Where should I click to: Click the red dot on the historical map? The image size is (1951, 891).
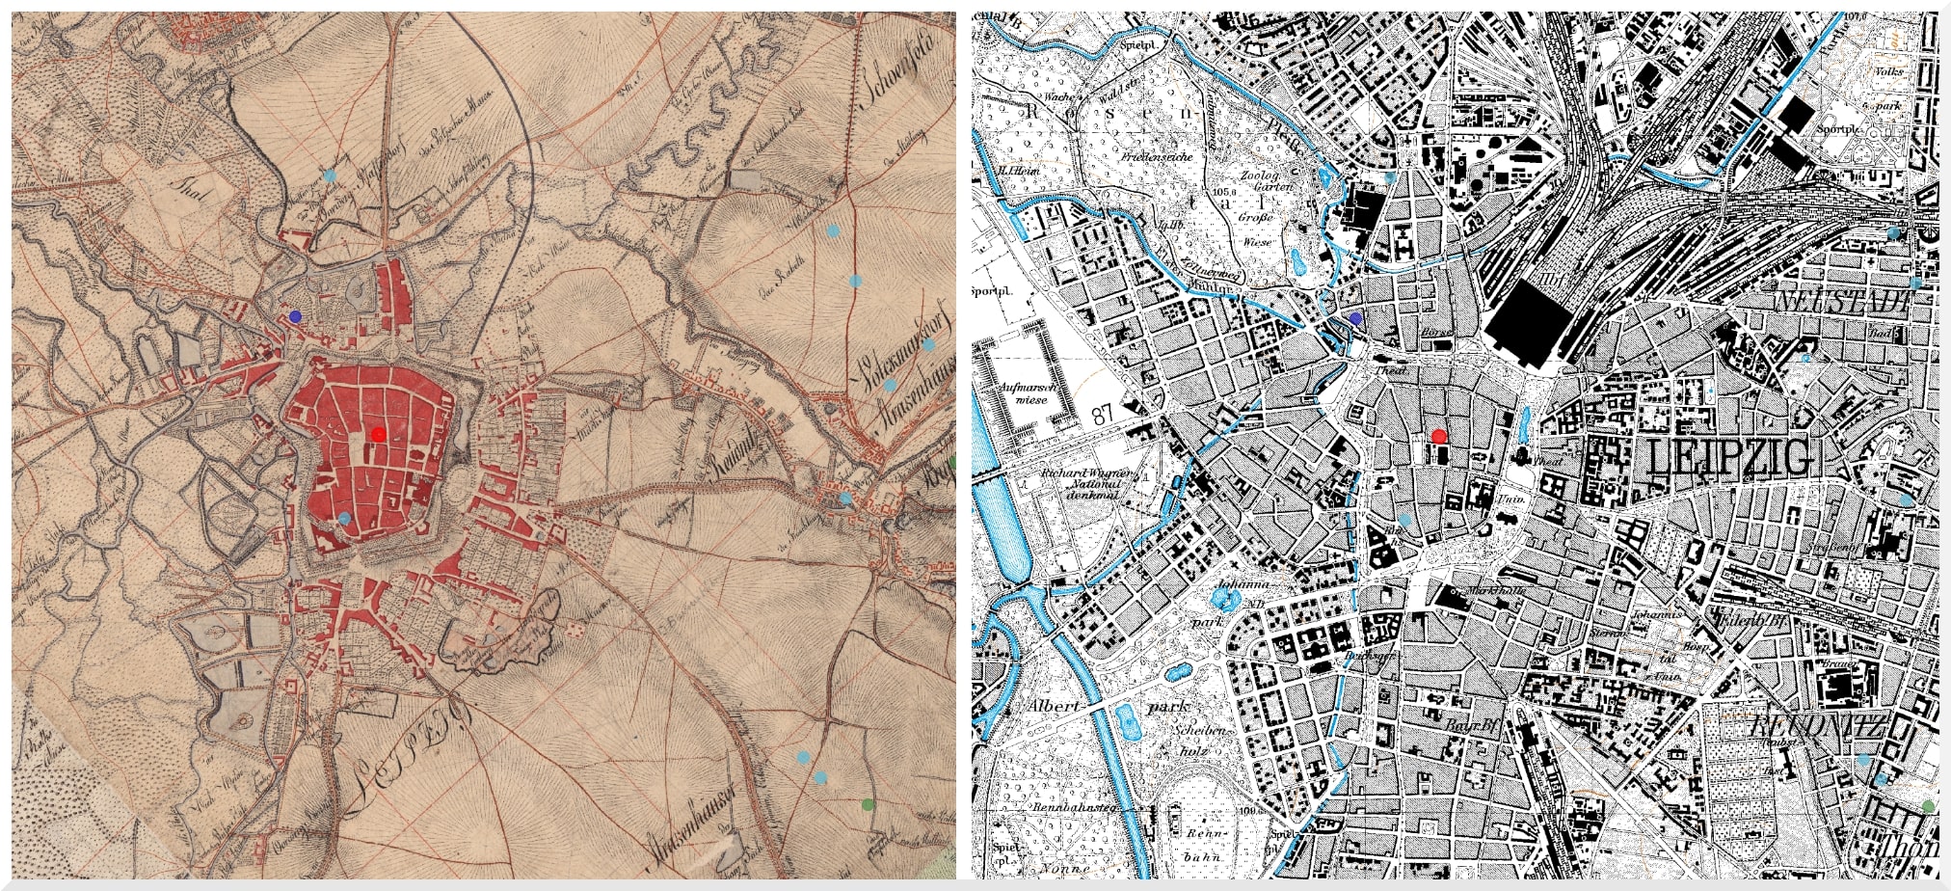tap(378, 434)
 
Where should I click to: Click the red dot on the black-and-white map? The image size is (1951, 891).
tap(1439, 436)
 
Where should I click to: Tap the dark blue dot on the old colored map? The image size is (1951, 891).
tap(295, 316)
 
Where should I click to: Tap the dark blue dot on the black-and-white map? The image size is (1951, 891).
tap(1356, 317)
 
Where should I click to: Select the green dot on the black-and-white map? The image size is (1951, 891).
tap(1928, 806)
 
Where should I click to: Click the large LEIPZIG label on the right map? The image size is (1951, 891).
tap(1730, 457)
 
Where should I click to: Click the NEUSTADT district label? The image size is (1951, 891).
tap(1843, 302)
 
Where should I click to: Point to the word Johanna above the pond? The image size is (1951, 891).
tap(1242, 584)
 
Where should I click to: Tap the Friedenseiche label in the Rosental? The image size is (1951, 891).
tap(1157, 155)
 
